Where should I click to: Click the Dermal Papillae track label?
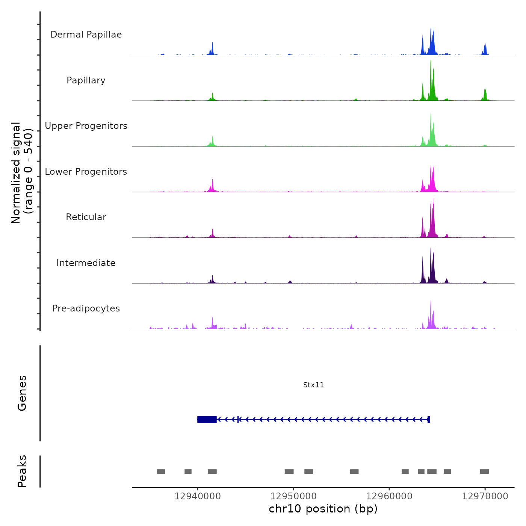point(86,35)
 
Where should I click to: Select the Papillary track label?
point(86,80)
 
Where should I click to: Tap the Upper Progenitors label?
point(86,126)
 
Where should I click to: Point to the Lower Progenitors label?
point(86,172)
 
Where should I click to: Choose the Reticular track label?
point(86,217)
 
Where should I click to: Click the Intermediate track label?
point(86,263)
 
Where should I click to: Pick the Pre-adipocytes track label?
point(86,308)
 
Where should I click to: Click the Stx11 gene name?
point(313,385)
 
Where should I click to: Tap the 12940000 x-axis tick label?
point(198,496)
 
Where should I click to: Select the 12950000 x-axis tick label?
point(293,496)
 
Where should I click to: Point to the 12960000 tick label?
point(389,496)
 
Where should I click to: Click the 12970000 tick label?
point(485,496)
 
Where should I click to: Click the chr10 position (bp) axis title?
point(323,509)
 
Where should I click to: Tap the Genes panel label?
point(22,393)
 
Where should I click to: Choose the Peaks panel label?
point(22,471)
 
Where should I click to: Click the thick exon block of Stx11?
point(207,419)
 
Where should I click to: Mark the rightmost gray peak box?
point(484,472)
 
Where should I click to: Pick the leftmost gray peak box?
point(161,472)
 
